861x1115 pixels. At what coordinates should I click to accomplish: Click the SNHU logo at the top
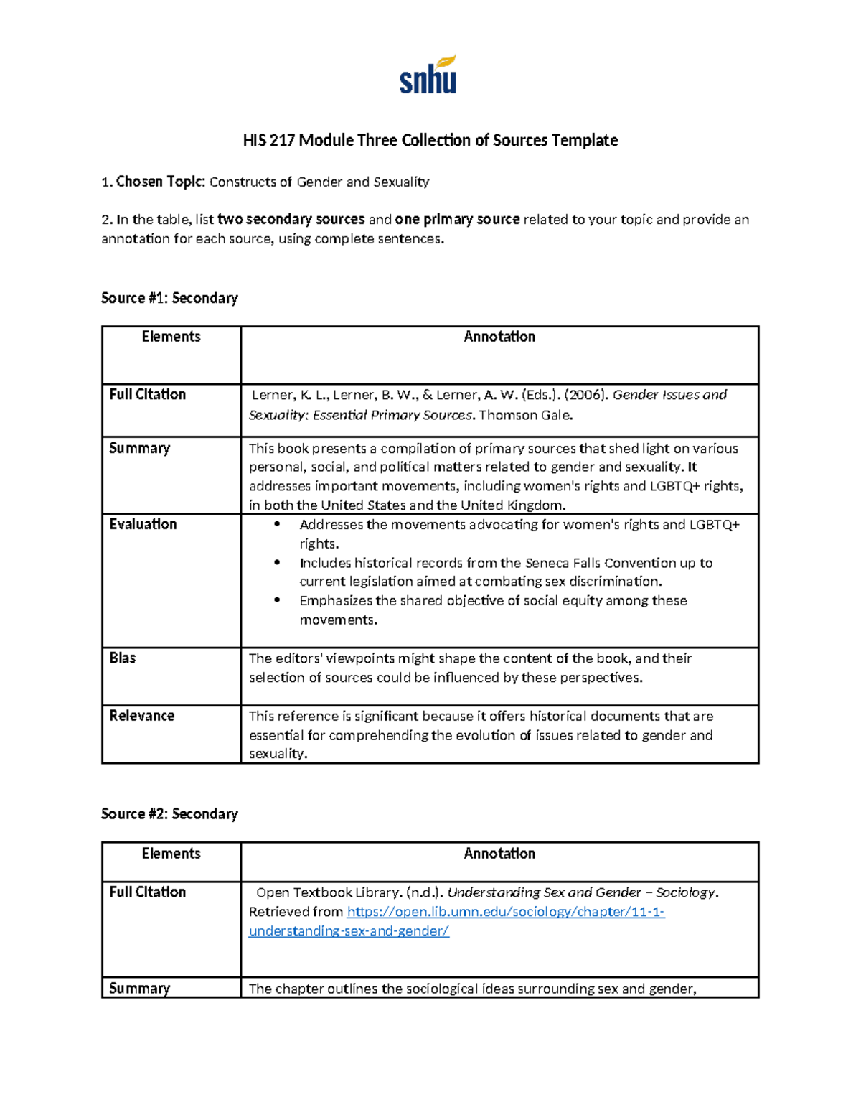[428, 75]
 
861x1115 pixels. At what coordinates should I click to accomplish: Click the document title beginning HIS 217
[430, 140]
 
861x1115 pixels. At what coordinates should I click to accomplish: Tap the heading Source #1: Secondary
[169, 298]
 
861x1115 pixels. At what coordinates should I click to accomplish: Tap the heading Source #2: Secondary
[169, 813]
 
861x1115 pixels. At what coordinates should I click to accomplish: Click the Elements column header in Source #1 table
[171, 337]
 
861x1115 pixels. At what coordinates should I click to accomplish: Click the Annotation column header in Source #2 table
[499, 854]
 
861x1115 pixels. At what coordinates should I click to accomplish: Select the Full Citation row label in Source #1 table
[147, 394]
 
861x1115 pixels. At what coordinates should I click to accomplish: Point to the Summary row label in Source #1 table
[139, 448]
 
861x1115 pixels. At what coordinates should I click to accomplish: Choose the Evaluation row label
[143, 524]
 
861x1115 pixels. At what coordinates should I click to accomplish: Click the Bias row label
[122, 658]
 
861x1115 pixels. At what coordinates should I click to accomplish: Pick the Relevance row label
[141, 716]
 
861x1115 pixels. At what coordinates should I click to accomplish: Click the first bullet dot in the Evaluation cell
[276, 525]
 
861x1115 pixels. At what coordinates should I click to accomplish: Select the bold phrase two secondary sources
[291, 220]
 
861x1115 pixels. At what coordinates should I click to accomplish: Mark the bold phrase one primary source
[457, 220]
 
